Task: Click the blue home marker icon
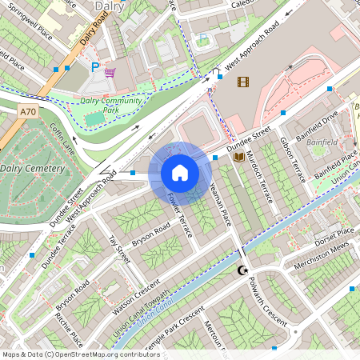tap(180, 172)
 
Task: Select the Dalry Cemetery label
tap(32, 169)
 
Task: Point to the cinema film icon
tap(243, 81)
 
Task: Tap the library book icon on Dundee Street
tap(238, 158)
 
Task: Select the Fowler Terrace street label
tap(180, 215)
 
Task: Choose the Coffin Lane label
tap(62, 138)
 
